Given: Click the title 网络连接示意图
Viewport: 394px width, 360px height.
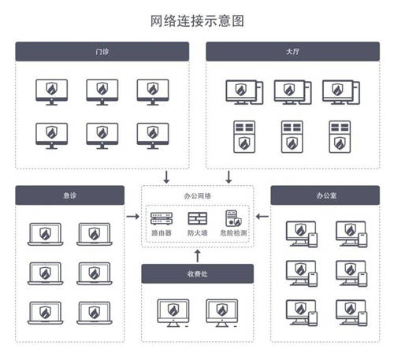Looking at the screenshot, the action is point(197,21).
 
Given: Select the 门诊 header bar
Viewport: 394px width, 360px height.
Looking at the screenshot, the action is point(102,51).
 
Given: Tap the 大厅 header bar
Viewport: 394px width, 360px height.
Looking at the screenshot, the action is point(292,51).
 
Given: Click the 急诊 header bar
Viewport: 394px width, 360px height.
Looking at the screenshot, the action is point(70,195).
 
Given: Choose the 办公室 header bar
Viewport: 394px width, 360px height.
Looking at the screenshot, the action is point(325,195).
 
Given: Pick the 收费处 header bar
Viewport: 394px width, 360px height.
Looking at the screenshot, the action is point(198,274).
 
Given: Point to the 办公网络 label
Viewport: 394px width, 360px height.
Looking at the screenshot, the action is point(198,196).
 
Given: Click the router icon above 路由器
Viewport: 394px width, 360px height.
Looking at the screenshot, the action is point(162,219).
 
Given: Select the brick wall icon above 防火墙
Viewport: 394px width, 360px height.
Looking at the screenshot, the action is point(198,218).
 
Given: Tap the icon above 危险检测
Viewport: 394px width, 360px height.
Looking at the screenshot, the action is point(233,218).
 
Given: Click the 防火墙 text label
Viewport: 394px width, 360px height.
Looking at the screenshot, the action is point(198,233).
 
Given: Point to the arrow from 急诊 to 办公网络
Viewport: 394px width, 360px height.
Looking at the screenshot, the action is point(132,217).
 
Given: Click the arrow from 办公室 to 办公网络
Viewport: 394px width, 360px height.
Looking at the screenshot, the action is point(262,217).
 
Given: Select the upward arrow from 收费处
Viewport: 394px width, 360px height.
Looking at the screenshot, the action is point(198,256).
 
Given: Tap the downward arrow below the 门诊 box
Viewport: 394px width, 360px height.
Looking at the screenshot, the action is point(166,177).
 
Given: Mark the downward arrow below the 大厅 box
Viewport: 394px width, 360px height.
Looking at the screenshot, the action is point(229,177).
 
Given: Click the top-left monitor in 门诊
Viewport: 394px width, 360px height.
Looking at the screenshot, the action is point(52,92).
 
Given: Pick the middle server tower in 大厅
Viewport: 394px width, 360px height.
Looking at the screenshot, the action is point(292,137).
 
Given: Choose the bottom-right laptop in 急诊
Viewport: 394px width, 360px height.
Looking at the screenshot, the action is point(95,313).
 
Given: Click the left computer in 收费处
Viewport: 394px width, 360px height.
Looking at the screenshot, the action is point(173,313).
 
